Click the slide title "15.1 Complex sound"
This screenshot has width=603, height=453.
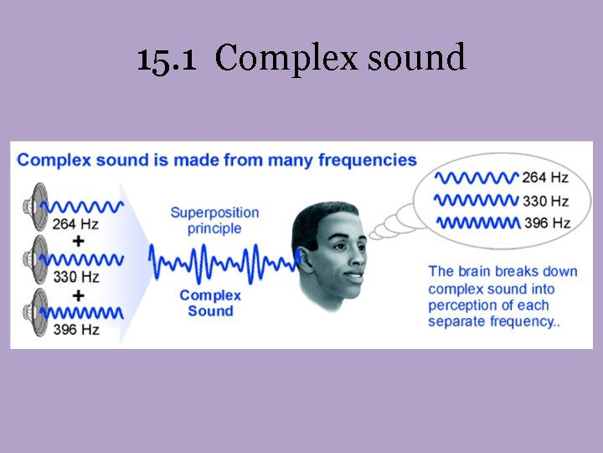pos(301,60)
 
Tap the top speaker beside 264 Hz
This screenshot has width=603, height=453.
pos(37,205)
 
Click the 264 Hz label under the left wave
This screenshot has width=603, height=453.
pos(75,224)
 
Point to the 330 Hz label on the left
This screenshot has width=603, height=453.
pos(75,277)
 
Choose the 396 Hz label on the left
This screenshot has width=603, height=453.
pos(75,330)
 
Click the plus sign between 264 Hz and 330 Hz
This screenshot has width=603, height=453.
pos(79,241)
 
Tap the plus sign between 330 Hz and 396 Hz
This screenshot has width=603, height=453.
pos(79,294)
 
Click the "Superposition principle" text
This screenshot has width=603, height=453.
pos(214,220)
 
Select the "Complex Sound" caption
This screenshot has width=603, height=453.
pos(210,303)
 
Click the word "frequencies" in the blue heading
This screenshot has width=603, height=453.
pos(367,159)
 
